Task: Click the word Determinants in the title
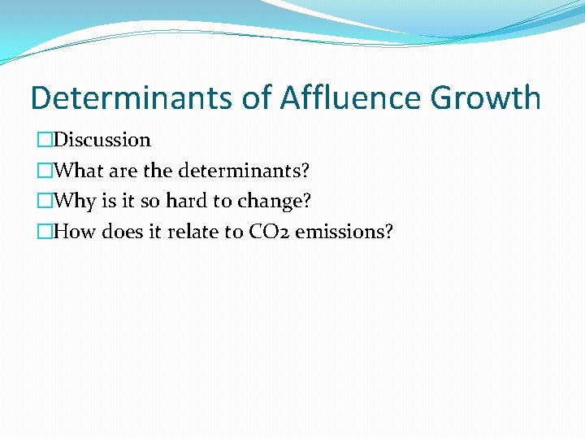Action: point(132,98)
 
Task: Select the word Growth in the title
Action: point(486,98)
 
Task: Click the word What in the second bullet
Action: point(79,171)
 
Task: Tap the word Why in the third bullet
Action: point(75,202)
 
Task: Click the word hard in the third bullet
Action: point(186,202)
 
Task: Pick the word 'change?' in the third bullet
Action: point(275,202)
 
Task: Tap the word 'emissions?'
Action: point(344,233)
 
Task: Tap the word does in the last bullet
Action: point(123,233)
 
